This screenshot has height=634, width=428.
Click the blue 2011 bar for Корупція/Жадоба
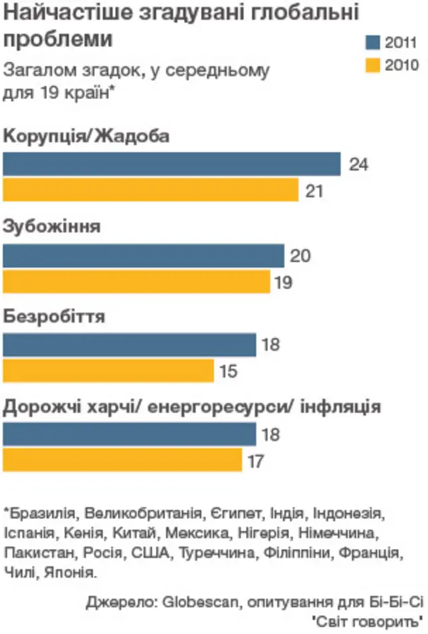172,164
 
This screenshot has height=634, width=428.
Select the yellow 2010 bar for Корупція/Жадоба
150,190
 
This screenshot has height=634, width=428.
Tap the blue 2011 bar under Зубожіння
144,256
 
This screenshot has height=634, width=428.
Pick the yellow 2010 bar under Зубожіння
136,282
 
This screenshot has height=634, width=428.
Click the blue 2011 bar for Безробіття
130,345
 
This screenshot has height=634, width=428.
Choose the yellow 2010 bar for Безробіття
108,370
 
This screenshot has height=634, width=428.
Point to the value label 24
359,165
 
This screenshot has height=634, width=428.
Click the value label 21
314,191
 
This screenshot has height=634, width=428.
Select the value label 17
256,461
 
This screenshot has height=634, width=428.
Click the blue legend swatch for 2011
372,43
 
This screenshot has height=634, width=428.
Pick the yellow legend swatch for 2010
372,65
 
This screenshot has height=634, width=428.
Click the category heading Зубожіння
52,226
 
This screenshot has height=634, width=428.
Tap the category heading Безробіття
54,316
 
